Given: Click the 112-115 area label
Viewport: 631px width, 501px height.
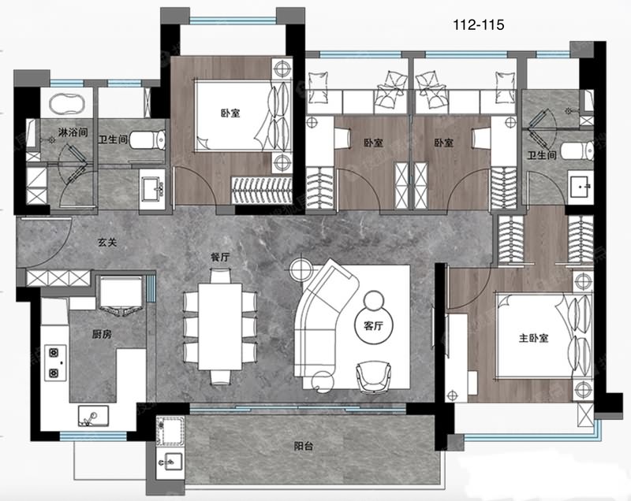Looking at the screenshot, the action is click(479, 25).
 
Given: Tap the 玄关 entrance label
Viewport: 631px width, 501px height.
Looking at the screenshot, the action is click(107, 243).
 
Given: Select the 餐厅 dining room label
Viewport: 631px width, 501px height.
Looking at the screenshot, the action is click(220, 257).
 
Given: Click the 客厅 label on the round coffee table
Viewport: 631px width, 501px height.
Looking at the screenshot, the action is click(373, 326).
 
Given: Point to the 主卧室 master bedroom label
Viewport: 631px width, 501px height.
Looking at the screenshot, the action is click(534, 338).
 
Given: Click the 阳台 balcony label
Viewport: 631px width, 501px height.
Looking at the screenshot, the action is click(304, 446).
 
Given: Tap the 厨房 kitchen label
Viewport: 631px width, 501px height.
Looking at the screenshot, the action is click(102, 334).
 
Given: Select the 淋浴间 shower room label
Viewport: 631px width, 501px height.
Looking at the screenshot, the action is click(73, 132).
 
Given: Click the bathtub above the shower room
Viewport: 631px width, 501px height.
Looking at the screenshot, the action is click(67, 104).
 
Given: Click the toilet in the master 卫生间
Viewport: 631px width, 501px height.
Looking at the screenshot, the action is click(577, 150).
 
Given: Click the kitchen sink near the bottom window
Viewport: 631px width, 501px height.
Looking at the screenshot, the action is click(93, 416).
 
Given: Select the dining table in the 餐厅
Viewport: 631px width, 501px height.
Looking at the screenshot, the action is click(220, 326).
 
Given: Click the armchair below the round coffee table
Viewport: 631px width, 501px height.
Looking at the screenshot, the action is click(373, 377).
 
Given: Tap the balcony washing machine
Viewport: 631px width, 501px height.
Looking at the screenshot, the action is click(170, 431).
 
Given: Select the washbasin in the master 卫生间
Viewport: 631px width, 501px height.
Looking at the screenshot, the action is click(581, 184).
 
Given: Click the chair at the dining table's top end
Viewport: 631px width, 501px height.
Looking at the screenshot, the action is click(220, 276).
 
